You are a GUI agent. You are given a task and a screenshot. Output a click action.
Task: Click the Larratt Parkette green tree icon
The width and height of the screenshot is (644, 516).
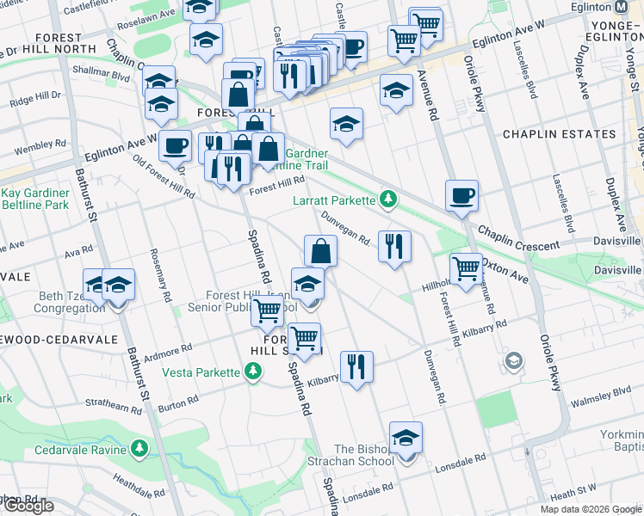tap(388, 200)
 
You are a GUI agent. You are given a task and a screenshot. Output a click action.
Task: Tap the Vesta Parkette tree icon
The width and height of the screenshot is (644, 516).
tap(252, 372)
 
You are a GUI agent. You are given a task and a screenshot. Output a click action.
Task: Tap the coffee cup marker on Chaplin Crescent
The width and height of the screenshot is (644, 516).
tap(462, 196)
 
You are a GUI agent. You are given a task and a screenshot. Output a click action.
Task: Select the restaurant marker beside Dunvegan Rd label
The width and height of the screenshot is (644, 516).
tap(395, 247)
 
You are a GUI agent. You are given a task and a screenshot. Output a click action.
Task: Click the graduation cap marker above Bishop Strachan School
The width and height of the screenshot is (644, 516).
tap(406, 437)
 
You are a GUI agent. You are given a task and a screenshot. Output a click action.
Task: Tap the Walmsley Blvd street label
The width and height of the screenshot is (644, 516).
tap(602, 393)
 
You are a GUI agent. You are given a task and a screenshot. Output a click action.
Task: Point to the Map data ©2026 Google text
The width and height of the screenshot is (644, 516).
tap(590, 509)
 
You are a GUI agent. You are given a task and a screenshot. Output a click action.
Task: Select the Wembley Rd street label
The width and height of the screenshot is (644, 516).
tap(33, 146)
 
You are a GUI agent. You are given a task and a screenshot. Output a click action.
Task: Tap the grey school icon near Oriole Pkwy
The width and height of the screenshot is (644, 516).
tap(515, 359)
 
